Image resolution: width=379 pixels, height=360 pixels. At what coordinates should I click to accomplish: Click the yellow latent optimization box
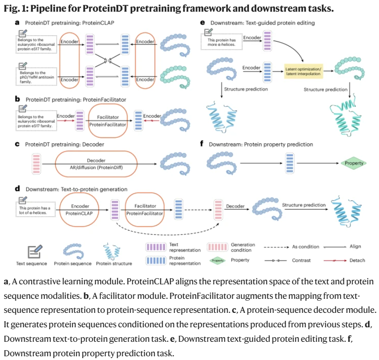303,71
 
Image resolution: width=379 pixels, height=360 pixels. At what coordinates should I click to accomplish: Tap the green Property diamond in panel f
354,163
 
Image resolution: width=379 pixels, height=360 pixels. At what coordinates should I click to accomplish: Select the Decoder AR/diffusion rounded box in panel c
96,164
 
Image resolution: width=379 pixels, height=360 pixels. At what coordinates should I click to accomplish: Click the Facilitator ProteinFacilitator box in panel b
108,120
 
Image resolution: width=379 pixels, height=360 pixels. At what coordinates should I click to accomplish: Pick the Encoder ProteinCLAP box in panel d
79,210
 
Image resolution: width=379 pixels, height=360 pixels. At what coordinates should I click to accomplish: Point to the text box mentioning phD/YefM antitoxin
36,77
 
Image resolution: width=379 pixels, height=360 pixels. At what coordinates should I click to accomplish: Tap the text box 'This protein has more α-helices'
221,42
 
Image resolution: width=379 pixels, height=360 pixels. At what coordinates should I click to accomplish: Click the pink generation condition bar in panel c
36,164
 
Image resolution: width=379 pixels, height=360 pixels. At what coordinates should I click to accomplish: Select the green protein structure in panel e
346,115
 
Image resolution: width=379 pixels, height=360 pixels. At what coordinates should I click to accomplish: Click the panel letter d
17,189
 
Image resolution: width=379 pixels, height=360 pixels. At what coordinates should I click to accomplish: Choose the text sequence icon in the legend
35,252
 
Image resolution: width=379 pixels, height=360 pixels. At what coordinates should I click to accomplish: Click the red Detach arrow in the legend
335,261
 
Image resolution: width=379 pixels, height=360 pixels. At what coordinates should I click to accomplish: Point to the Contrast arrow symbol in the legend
275,261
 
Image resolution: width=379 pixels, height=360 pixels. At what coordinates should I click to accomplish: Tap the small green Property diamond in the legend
218,261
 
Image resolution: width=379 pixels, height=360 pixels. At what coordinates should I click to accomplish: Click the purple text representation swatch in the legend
156,247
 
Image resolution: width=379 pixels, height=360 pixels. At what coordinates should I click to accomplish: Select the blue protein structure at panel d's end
347,212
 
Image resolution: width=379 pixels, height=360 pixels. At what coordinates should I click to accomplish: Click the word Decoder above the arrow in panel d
235,206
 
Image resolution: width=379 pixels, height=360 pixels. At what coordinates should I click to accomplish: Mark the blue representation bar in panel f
289,163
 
